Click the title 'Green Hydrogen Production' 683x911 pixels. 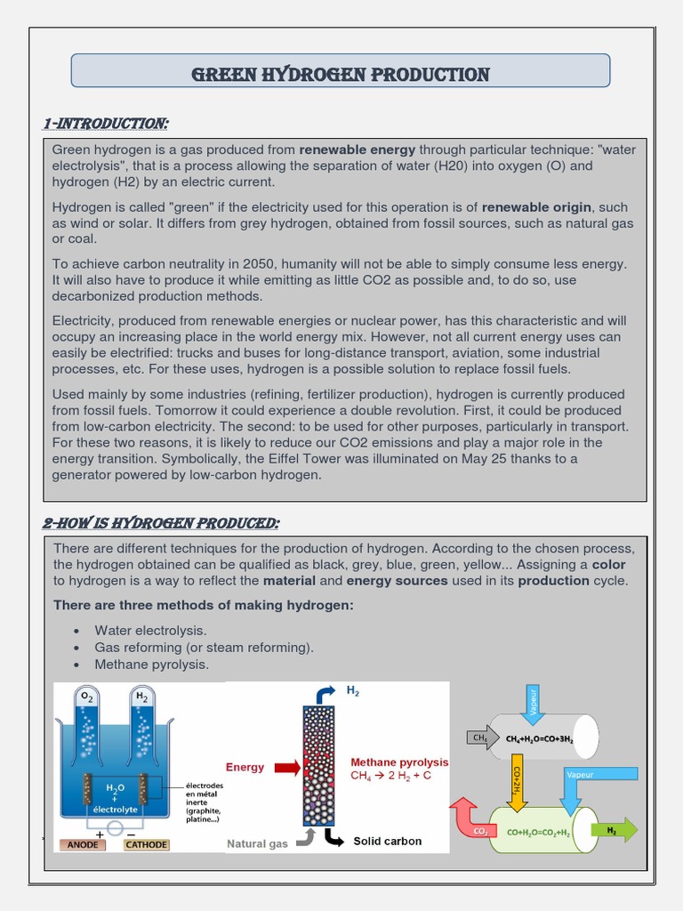click(341, 74)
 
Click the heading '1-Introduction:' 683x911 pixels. click(106, 123)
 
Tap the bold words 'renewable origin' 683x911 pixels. click(537, 206)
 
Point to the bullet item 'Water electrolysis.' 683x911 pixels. click(150, 630)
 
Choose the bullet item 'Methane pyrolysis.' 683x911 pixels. click(152, 664)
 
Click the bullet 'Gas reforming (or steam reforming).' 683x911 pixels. click(204, 647)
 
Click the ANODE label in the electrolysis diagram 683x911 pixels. click(83, 844)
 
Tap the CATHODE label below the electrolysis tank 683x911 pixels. click(146, 844)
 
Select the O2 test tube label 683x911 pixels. click(86, 697)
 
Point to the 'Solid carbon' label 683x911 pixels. click(388, 841)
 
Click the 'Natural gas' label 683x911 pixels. click(257, 843)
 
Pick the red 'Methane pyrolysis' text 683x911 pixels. click(399, 762)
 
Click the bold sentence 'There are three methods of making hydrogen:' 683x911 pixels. click(204, 605)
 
